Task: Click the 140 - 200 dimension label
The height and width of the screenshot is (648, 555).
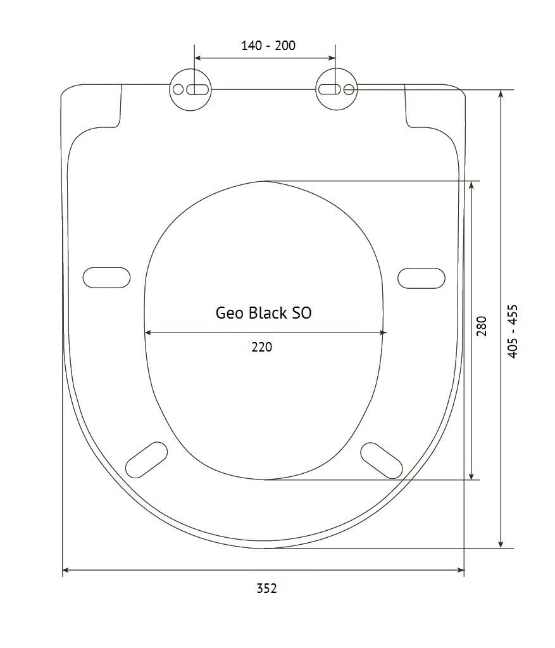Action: (x=268, y=45)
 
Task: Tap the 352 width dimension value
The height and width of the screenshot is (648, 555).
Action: (x=267, y=588)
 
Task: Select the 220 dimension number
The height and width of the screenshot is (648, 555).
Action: (x=262, y=346)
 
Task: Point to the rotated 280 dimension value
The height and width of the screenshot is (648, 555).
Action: (x=482, y=326)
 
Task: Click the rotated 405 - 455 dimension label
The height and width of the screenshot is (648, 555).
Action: (x=512, y=331)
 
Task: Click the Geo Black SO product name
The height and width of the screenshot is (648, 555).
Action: (x=263, y=313)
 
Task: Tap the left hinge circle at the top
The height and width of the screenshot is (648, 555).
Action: (x=190, y=89)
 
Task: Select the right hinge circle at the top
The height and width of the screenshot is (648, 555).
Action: (x=337, y=89)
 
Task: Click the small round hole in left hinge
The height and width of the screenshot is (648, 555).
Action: (x=178, y=89)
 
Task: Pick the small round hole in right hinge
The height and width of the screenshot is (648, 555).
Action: (x=349, y=89)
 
